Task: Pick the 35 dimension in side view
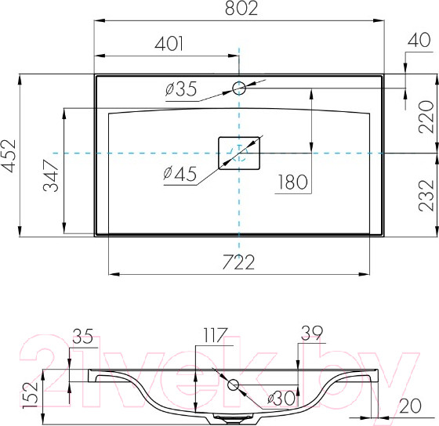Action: pos(82,337)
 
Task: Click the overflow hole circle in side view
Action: pos(233,384)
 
